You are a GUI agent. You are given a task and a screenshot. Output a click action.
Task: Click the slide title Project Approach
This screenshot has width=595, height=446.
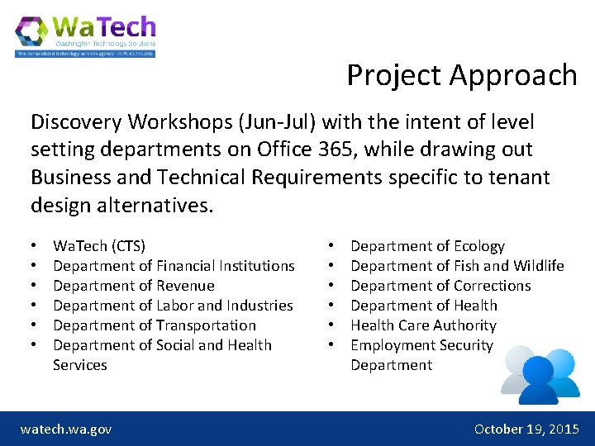point(461,75)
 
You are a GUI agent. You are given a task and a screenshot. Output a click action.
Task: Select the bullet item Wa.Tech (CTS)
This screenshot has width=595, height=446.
point(99,246)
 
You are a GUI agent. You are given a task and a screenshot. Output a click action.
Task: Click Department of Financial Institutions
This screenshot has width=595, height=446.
point(174,266)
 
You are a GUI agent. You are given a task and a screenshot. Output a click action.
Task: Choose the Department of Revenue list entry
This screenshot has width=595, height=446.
point(134,286)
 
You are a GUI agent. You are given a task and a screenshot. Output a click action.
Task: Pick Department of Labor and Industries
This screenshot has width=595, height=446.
point(173,306)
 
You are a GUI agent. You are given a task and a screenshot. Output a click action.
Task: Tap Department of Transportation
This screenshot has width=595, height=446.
point(155,325)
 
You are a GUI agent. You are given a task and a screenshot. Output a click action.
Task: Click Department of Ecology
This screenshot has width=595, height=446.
point(427,246)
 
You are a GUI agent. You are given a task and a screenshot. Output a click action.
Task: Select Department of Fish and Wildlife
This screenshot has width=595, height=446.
point(457,266)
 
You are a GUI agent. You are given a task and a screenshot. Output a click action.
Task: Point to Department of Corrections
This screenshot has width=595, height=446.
point(440,286)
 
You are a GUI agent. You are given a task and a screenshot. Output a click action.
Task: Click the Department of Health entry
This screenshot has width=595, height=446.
point(424,306)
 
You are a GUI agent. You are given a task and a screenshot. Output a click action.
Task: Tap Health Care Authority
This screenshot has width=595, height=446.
point(423,325)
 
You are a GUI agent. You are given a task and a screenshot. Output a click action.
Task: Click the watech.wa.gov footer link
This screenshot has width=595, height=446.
point(66,429)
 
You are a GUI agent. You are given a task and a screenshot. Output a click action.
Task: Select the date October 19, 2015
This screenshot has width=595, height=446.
point(526,429)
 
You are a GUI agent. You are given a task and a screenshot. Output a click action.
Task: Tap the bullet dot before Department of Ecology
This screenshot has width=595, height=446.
point(331,246)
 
